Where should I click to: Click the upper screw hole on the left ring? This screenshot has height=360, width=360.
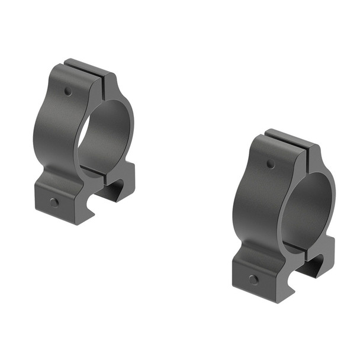[69, 92]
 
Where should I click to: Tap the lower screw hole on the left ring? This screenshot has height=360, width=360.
[54, 202]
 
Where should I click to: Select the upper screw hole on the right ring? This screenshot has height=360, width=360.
[270, 163]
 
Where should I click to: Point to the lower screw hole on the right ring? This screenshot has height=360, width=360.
[253, 279]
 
